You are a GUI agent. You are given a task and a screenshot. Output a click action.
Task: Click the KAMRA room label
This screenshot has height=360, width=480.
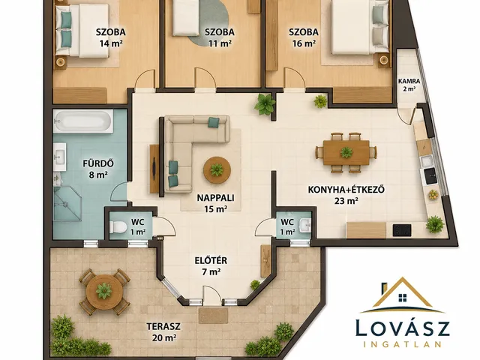[409, 82]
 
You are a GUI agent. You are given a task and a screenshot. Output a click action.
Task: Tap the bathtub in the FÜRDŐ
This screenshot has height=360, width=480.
[83, 121]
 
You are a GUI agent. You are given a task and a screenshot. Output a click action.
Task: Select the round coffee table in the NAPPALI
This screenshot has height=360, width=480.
[217, 170]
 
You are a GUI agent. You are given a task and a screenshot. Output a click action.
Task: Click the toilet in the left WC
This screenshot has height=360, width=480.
[118, 227]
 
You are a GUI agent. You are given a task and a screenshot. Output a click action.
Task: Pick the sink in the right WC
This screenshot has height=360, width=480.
[305, 226]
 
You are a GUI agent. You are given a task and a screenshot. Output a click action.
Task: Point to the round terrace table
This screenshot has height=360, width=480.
[104, 291]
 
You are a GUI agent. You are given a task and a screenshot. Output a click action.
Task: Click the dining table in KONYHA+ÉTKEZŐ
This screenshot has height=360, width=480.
[346, 152]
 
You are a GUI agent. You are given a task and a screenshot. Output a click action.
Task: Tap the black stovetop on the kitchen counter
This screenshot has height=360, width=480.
[402, 230]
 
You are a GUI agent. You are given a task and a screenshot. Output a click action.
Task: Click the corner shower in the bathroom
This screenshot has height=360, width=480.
[67, 204]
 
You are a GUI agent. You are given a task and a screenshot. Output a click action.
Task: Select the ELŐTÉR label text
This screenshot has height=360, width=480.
[211, 260]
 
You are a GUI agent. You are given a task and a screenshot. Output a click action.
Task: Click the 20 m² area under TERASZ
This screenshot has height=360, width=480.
[163, 337]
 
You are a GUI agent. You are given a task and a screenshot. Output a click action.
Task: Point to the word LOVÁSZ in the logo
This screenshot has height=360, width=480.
[402, 328]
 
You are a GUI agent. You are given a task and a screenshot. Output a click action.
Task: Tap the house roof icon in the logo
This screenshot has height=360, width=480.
[402, 295]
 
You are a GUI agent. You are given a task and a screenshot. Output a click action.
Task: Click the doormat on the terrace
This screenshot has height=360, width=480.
[213, 316]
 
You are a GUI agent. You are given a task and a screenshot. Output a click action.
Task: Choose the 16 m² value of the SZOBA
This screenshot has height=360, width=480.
[304, 43]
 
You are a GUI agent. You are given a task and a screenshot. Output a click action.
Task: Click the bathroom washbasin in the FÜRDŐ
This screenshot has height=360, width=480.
[60, 157]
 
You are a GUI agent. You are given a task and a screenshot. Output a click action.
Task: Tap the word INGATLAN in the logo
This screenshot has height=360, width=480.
[402, 344]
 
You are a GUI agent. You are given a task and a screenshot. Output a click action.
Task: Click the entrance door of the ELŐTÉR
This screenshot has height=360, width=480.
[211, 295]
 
